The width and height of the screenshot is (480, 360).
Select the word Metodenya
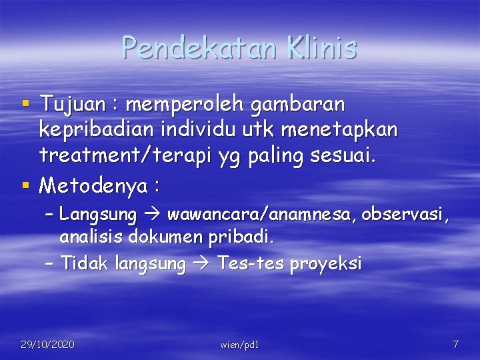[x=93, y=185]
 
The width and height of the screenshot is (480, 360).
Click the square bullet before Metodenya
[x=25, y=184]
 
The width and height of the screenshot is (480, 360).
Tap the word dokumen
[x=164, y=237]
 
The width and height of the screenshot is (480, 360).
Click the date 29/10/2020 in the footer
[x=47, y=345]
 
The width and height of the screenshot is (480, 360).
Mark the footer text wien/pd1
[x=239, y=345]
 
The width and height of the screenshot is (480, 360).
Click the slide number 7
[x=455, y=345]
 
